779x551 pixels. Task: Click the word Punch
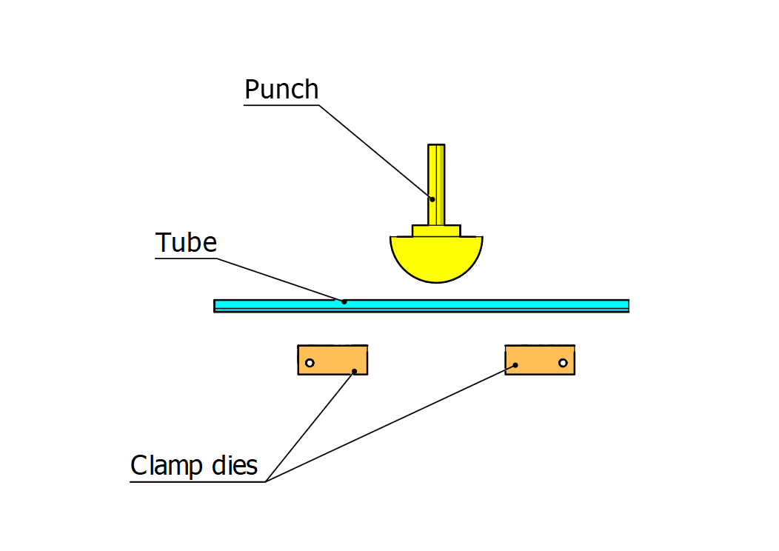(281, 90)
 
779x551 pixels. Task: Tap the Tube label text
(186, 243)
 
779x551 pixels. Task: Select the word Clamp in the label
(166, 467)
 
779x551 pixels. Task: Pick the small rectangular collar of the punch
(436, 231)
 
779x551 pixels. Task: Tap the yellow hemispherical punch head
(437, 259)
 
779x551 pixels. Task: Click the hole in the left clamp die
(310, 363)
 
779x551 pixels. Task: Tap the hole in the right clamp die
(563, 363)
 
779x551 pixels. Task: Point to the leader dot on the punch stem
(430, 198)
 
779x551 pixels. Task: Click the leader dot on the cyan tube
(344, 301)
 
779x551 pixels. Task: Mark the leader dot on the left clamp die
(355, 371)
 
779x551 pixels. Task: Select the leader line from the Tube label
(281, 280)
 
